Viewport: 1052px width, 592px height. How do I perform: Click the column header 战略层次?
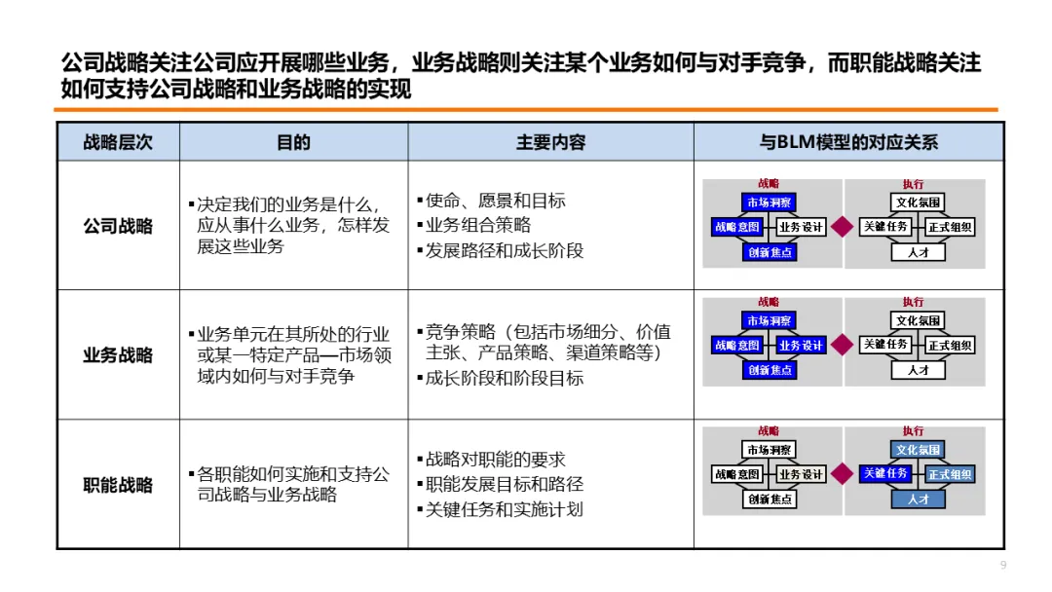click(118, 142)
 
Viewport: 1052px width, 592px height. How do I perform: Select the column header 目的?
click(293, 142)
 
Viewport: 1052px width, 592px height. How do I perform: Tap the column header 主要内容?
click(550, 142)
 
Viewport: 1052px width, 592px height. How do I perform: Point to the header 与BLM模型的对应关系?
click(848, 142)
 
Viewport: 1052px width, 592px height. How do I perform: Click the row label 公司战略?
click(118, 227)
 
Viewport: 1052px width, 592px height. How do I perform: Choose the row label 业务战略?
click(118, 355)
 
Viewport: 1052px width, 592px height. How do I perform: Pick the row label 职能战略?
click(118, 484)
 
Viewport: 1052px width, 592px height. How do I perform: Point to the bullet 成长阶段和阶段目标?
click(504, 378)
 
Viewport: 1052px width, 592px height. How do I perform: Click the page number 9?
click(1003, 566)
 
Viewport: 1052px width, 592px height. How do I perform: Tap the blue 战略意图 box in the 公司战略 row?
click(737, 227)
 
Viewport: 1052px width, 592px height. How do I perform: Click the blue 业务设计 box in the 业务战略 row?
click(801, 345)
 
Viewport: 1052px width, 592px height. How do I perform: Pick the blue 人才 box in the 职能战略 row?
click(918, 499)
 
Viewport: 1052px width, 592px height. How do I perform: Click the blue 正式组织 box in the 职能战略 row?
click(950, 474)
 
